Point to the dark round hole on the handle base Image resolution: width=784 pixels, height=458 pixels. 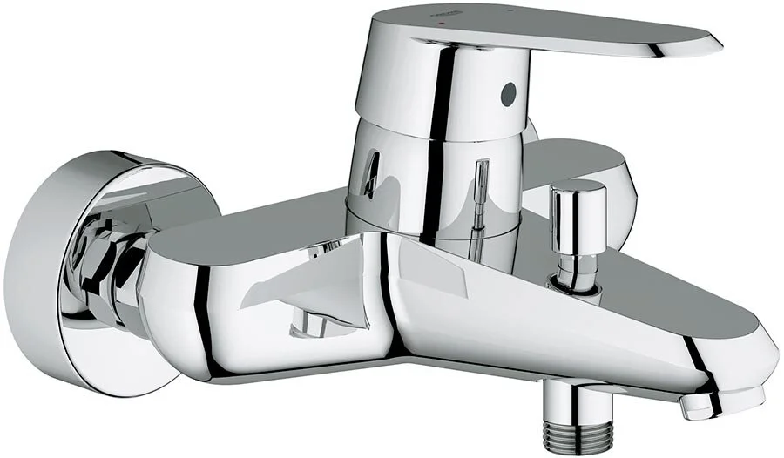point(509,93)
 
